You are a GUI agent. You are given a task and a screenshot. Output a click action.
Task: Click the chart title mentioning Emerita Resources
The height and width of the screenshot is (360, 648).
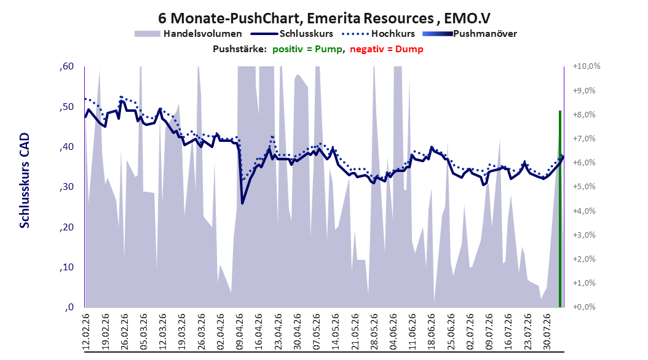click(x=324, y=18)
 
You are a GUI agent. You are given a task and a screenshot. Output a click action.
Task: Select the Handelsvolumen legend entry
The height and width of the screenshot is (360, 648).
click(x=188, y=34)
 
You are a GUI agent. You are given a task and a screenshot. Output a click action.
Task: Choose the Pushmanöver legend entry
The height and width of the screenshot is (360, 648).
click(x=470, y=34)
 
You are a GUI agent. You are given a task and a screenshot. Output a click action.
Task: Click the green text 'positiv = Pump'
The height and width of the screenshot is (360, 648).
click(x=307, y=49)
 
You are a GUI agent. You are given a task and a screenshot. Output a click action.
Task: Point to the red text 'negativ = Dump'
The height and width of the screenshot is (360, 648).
click(x=387, y=49)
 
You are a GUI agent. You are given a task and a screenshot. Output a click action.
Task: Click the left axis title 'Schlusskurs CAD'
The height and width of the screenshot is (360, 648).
click(x=25, y=181)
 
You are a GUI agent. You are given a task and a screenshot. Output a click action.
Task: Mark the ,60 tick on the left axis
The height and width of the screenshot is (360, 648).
click(x=66, y=66)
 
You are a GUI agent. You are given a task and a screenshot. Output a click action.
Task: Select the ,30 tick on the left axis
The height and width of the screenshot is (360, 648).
click(x=66, y=187)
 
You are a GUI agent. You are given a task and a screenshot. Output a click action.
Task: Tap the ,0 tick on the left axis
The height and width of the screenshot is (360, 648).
click(x=69, y=307)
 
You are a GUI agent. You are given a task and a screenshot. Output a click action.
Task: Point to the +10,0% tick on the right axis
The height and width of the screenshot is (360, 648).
click(x=587, y=66)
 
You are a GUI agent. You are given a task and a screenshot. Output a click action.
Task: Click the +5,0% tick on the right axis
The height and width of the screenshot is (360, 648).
click(x=584, y=187)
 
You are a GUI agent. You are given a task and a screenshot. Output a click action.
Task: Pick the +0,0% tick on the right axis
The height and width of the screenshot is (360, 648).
click(x=584, y=307)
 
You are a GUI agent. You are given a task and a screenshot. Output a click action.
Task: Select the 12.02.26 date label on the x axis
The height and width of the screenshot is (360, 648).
click(x=86, y=332)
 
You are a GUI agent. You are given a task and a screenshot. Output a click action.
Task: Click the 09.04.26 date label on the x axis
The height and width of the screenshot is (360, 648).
click(x=240, y=332)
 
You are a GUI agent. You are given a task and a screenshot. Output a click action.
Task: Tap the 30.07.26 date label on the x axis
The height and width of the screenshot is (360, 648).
click(x=547, y=332)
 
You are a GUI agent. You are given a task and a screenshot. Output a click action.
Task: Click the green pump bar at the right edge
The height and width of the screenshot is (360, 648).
click(x=560, y=209)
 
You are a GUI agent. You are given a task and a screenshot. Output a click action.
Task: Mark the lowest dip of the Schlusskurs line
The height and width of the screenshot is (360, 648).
click(x=242, y=203)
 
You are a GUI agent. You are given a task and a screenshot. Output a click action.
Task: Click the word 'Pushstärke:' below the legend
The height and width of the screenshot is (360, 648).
click(x=240, y=49)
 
